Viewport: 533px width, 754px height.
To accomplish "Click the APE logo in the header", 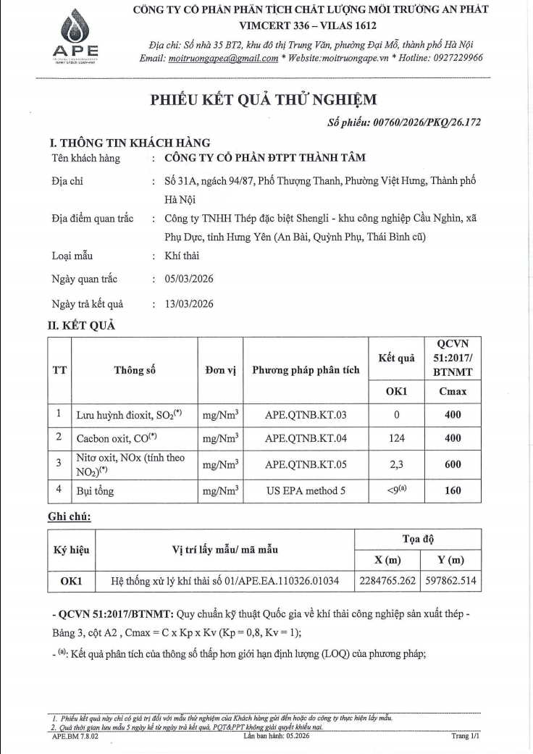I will click(x=76, y=37).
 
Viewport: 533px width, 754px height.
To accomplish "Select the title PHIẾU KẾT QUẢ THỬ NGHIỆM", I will click(x=264, y=101).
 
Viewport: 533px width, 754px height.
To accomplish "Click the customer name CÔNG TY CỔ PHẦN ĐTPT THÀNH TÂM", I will click(x=266, y=158).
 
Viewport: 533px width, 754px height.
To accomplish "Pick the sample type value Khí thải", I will click(x=182, y=256).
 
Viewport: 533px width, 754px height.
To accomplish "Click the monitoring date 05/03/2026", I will click(x=189, y=279).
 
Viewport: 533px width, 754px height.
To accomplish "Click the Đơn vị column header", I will click(x=221, y=370).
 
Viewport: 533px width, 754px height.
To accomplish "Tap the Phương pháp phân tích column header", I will click(x=306, y=370).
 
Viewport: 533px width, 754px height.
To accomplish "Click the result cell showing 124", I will click(x=396, y=438).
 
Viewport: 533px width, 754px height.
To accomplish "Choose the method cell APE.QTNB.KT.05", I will click(x=306, y=464).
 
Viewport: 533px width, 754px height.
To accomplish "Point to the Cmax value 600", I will click(x=453, y=465).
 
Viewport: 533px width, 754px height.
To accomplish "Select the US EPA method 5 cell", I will click(x=306, y=491).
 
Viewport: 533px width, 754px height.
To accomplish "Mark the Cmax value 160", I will click(x=453, y=491).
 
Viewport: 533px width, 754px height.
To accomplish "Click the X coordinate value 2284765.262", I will click(x=387, y=581).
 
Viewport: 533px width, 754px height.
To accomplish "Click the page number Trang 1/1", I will click(x=465, y=735).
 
